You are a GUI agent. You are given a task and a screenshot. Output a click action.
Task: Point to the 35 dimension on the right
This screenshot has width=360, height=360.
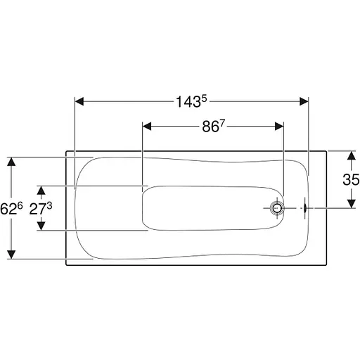(351, 180)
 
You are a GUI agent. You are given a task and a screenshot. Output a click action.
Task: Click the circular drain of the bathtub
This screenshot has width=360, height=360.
(277, 208)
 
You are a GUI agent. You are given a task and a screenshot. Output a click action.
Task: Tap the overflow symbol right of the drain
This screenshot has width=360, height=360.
(305, 208)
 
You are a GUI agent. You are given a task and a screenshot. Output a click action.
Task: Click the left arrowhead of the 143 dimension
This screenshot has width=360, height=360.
(79, 102)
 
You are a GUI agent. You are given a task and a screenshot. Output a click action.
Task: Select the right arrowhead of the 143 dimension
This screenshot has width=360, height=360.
(304, 102)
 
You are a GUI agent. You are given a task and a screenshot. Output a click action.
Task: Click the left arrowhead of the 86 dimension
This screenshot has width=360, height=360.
(147, 127)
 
